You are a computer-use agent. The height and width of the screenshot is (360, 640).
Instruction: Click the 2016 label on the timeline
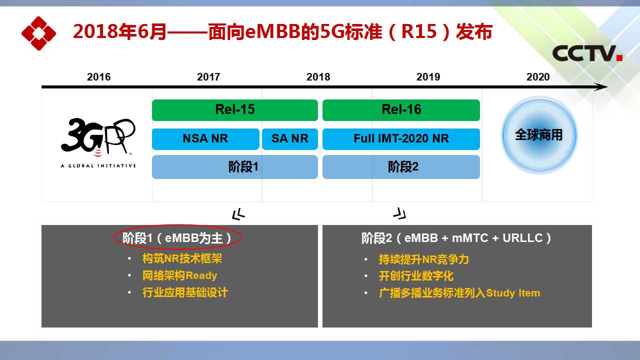click(x=98, y=77)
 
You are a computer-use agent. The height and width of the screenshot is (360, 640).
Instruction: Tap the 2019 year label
click(x=428, y=77)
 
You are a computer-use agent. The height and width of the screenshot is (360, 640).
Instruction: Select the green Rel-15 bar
click(x=235, y=110)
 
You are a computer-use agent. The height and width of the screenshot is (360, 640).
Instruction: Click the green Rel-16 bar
click(x=401, y=110)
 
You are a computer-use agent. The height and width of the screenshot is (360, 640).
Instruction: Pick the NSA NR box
click(x=205, y=139)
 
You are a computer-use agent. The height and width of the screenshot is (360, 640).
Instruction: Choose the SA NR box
click(x=289, y=139)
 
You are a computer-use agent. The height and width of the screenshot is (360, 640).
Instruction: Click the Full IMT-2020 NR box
click(x=401, y=139)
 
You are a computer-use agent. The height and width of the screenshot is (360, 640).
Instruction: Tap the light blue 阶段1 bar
click(x=235, y=167)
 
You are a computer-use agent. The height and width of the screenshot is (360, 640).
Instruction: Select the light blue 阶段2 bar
click(x=401, y=167)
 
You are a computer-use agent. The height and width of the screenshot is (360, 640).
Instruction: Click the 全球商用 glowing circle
click(x=539, y=135)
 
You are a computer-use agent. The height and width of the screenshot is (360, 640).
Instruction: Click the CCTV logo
click(x=587, y=53)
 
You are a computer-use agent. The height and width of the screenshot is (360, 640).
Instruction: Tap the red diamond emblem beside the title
click(x=38, y=33)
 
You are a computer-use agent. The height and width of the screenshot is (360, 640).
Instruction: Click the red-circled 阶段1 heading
click(x=177, y=237)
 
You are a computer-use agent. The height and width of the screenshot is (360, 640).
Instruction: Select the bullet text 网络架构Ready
click(x=179, y=275)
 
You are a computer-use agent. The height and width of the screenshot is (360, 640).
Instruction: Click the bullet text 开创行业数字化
click(x=416, y=276)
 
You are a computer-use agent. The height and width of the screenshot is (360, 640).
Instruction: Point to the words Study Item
click(x=513, y=293)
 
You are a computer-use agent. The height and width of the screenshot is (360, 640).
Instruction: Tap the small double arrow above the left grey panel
click(x=238, y=214)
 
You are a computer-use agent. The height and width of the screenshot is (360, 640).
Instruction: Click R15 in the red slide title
click(x=419, y=31)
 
